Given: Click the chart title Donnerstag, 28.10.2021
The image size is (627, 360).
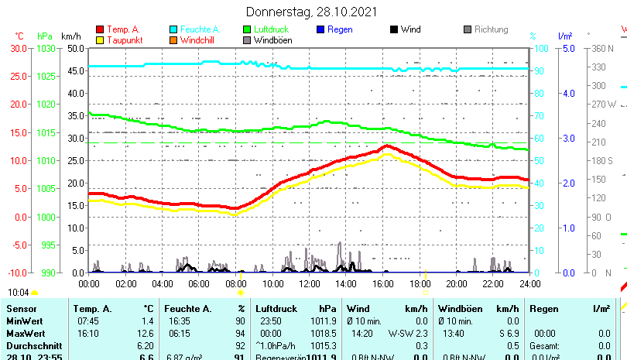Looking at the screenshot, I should pos(312,12).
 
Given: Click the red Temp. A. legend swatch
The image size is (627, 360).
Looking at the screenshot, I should pos(99,29).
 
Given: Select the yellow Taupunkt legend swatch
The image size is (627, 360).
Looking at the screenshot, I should pos(99,40).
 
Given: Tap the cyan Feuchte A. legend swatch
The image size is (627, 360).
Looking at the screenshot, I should pos(173,29).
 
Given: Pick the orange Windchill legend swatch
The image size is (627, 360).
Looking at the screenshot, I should pos(173,40).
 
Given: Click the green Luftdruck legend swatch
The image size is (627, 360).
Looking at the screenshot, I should pos(248,29).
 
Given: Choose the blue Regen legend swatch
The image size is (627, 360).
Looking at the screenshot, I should pos(321,29).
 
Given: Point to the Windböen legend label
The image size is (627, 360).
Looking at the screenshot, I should pos(272,40).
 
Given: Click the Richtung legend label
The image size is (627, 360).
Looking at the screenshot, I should pos(491,29).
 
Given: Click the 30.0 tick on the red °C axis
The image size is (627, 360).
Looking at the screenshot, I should pos(19,48).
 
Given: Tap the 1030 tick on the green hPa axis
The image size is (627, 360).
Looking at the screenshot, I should pos(47,48).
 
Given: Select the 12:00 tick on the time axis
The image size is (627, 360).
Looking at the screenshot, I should pos(309,283).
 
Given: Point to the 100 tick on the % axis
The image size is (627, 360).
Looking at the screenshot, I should pos(543,48).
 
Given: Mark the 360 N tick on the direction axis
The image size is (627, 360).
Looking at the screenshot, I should pos(602,48).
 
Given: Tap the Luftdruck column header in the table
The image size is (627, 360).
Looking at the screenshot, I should pos(276,309).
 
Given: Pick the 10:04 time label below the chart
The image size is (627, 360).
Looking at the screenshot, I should pos(19,293).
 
